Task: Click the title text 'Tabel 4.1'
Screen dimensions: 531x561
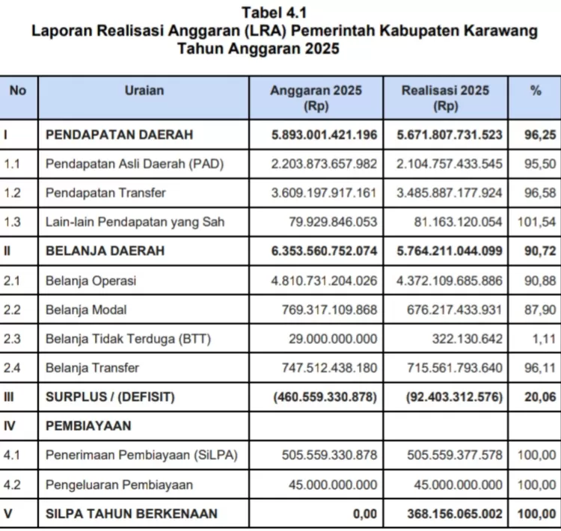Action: [x=274, y=13]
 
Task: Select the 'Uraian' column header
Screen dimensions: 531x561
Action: [x=144, y=90]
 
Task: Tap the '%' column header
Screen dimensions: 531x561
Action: [x=536, y=90]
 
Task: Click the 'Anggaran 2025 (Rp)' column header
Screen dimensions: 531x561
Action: [x=316, y=98]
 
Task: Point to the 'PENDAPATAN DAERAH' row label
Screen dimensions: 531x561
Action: [x=120, y=135]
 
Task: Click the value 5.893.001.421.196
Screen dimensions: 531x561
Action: [x=325, y=135]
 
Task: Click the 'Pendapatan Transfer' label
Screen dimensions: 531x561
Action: [x=105, y=192]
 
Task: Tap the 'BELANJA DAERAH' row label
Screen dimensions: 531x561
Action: [x=105, y=251]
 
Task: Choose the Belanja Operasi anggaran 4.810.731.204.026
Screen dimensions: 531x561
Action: [x=325, y=280]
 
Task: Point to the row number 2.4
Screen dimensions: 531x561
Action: [x=13, y=368]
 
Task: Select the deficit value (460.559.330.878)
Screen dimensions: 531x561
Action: [x=325, y=397]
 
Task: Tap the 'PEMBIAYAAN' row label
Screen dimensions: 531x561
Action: [x=88, y=426]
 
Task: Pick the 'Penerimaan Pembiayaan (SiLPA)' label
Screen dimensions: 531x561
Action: [x=129, y=455]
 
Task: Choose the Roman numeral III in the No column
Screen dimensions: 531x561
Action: [x=9, y=397]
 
